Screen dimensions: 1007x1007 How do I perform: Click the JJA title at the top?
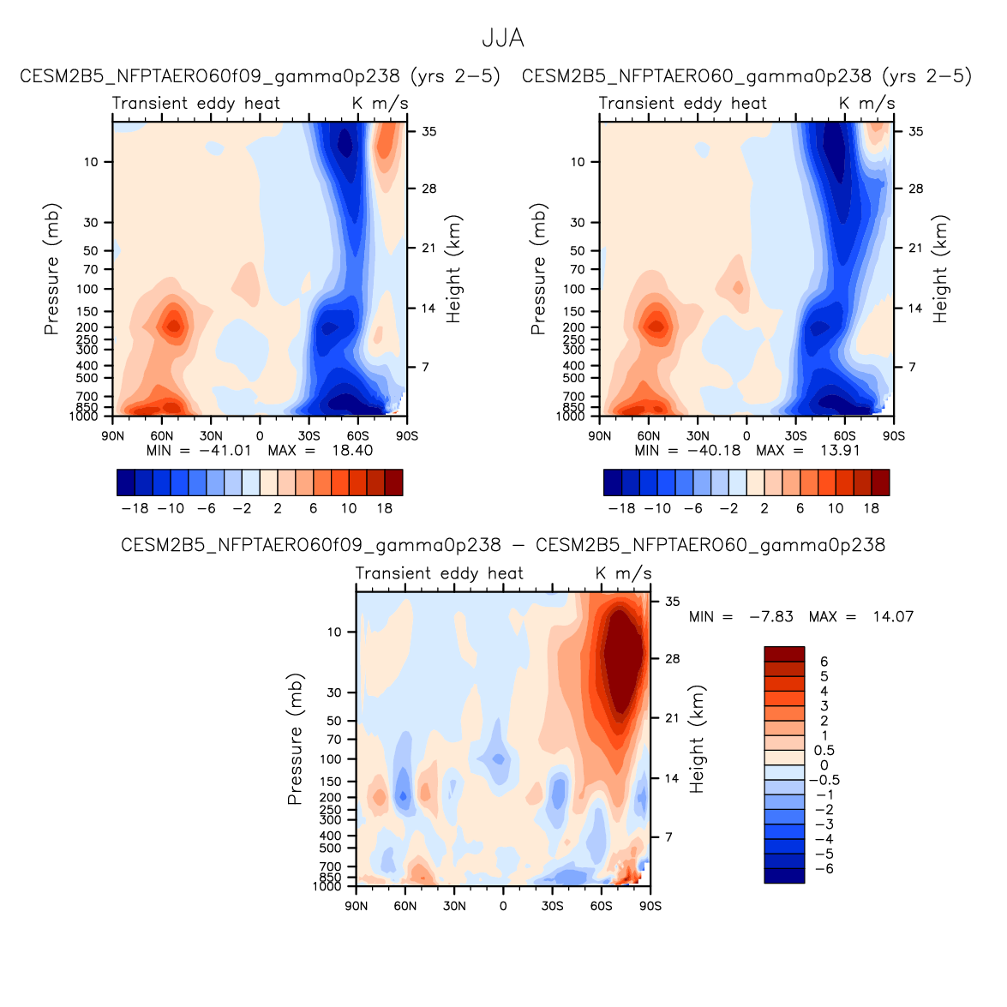click(x=502, y=39)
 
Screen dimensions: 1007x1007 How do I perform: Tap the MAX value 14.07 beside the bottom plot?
click(x=892, y=617)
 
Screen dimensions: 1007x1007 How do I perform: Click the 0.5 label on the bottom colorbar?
click(x=824, y=751)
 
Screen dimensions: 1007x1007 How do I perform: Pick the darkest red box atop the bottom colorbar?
click(x=784, y=654)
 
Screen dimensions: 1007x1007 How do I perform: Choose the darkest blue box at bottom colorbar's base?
click(x=784, y=875)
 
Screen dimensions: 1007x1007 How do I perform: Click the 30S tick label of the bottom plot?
click(x=552, y=906)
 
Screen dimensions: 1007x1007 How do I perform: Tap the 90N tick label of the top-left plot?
click(x=112, y=435)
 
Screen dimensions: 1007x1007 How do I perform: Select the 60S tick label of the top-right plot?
click(x=844, y=435)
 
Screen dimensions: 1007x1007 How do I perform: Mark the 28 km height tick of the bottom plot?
click(x=673, y=659)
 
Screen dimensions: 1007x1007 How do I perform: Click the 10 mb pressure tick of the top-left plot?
click(x=91, y=162)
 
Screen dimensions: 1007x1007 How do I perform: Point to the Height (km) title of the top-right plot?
click(x=941, y=269)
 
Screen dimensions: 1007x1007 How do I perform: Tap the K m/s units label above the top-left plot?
click(x=381, y=104)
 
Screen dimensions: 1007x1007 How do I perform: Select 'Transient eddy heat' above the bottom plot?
click(x=439, y=574)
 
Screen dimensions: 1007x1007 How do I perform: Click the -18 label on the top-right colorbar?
click(x=621, y=508)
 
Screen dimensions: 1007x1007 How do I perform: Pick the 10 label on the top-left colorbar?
click(x=349, y=508)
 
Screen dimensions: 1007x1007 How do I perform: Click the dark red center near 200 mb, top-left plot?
click(x=174, y=326)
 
